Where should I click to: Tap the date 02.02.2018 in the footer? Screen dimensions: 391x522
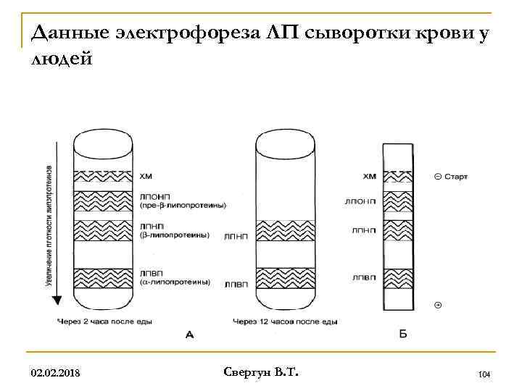click(55, 373)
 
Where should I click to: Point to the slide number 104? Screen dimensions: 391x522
click(485, 374)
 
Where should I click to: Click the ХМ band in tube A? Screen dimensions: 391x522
click(103, 176)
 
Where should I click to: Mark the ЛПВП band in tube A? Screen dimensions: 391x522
click(103, 277)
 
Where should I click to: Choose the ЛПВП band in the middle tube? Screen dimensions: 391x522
click(284, 277)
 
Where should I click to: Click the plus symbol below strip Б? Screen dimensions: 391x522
click(437, 306)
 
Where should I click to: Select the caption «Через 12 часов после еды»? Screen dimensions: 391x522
click(285, 321)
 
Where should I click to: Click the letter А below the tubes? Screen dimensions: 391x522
click(190, 334)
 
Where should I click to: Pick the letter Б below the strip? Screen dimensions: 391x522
click(403, 334)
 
